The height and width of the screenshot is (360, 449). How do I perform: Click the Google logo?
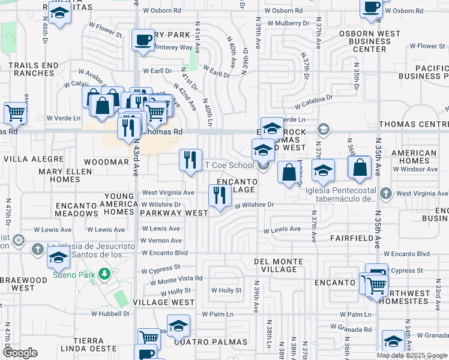tap(20, 352)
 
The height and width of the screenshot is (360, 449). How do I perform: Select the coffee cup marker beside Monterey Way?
tap(143, 41)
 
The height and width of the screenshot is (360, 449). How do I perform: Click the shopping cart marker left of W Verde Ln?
tap(15, 112)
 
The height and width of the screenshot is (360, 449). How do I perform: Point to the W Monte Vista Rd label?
tap(172, 280)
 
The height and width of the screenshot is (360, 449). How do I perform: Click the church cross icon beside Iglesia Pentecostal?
tap(386, 193)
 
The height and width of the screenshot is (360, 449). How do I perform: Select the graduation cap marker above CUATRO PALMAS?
tap(178, 326)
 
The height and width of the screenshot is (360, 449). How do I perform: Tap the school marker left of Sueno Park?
tap(58, 257)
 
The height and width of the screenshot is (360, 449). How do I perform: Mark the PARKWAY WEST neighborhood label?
tap(174, 213)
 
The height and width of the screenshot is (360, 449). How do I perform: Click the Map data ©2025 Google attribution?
tap(412, 355)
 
